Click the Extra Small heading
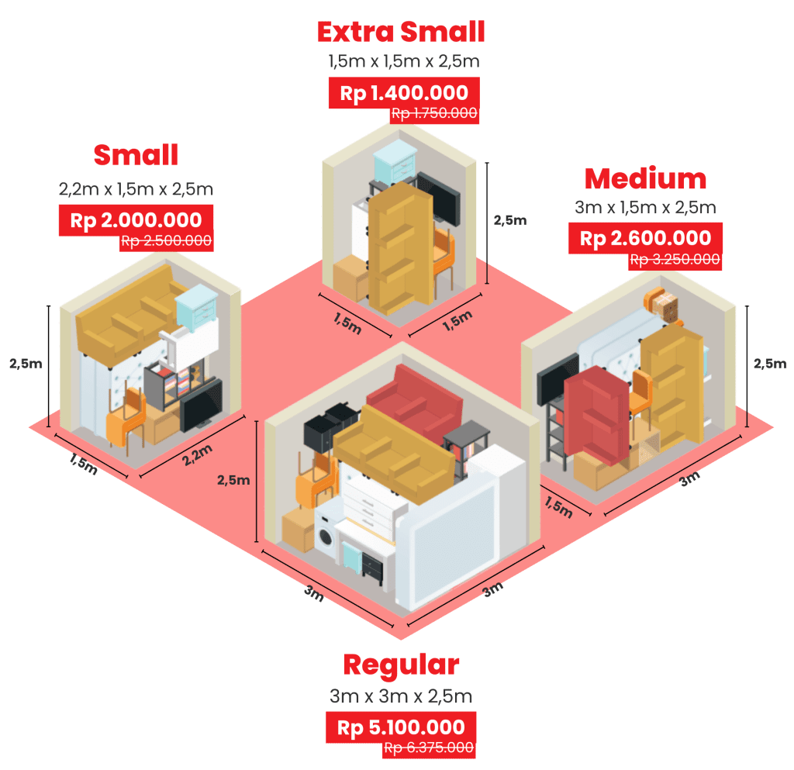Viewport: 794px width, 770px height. point(401,32)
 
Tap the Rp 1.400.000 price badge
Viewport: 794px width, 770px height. point(404,94)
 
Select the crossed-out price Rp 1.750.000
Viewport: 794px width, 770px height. point(434,113)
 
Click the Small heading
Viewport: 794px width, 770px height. point(136,155)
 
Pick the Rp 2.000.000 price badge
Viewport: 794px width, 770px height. point(136,220)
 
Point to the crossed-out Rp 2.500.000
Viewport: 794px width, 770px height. point(166,240)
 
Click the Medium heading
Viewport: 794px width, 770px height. point(646,179)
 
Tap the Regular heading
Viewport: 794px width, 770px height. point(402,665)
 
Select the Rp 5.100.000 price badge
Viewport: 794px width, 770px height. point(402,728)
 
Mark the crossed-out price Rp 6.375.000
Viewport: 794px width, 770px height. point(429,748)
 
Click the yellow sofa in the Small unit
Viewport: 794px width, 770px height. point(124,318)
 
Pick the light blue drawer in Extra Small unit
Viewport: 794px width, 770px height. point(396,164)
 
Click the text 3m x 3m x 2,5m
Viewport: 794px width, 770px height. point(402,696)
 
